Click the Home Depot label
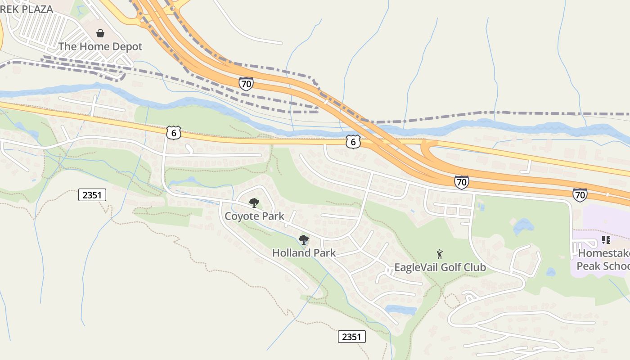[100, 46]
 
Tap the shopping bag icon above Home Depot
[100, 33]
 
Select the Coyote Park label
[254, 216]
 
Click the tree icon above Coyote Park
[254, 202]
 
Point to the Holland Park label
[304, 253]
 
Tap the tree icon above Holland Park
[304, 239]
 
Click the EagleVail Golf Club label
[440, 267]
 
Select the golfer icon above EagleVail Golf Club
[440, 254]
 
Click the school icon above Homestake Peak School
[606, 240]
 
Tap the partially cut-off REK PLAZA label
[27, 9]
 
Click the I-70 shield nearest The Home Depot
[246, 84]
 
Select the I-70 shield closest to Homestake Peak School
[580, 194]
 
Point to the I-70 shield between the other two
[461, 182]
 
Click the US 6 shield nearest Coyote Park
[173, 133]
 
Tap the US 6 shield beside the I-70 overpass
[353, 142]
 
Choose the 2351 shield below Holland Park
[351, 337]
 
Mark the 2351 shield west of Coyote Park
[92, 195]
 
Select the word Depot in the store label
[128, 46]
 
